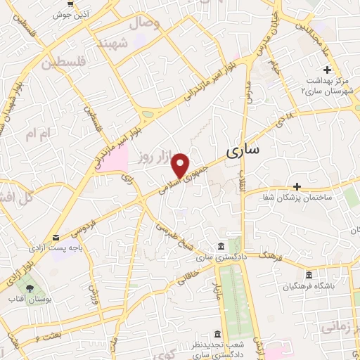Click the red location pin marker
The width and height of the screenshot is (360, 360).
181,165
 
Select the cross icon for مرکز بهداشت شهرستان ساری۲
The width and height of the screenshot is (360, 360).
326,69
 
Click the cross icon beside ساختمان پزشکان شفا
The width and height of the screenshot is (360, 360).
297,186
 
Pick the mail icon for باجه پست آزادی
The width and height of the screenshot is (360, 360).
56,238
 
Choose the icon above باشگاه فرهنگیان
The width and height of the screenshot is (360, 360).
309,275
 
